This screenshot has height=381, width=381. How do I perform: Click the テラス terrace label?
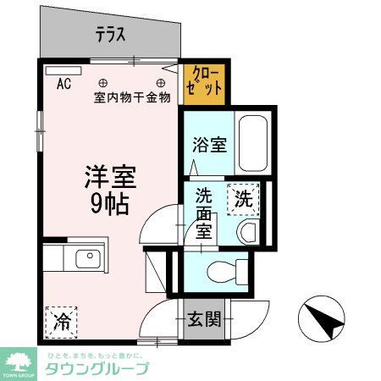tap(111, 35)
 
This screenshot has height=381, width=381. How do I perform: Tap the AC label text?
tap(63, 85)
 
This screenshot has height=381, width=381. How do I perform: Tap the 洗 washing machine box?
tap(243, 200)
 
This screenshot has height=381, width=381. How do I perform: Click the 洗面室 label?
tap(203, 212)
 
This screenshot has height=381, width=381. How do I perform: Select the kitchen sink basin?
tap(87, 259)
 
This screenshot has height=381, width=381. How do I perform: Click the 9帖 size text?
tap(109, 203)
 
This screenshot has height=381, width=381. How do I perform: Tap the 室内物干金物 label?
tap(132, 97)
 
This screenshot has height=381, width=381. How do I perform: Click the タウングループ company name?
tap(96, 368)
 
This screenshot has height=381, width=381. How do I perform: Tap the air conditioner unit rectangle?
tap(63, 71)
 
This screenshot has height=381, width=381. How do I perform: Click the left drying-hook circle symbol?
tap(102, 83)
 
